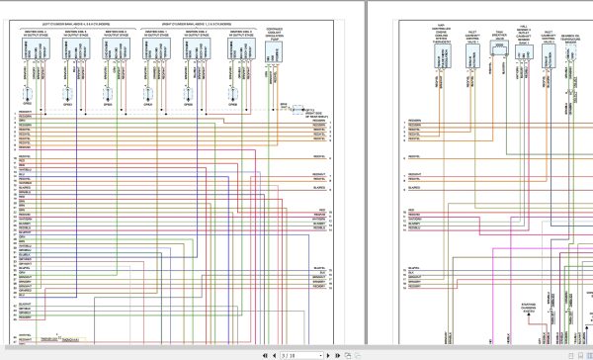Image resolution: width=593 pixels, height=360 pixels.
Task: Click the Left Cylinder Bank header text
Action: [75, 24]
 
